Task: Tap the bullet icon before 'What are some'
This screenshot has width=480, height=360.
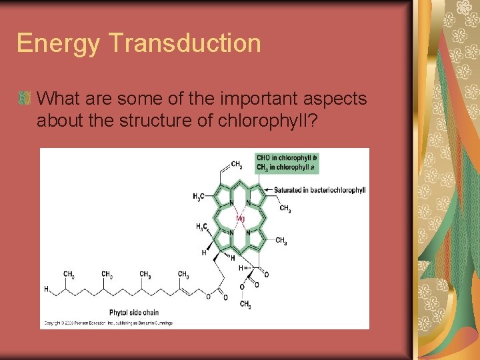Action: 25,99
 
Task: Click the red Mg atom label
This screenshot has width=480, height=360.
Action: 240,218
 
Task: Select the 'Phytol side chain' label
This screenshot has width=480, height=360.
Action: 133,312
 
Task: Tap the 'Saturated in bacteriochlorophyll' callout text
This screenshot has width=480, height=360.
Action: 319,190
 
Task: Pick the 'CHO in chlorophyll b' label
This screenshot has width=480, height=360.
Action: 287,157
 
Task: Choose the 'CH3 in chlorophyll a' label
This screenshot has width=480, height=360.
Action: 286,167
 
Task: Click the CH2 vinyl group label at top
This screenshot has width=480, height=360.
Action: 236,164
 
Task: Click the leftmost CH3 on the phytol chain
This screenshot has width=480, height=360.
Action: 69,274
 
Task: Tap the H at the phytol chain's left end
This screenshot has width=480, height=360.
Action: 46,289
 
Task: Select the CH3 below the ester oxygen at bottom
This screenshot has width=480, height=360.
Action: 245,305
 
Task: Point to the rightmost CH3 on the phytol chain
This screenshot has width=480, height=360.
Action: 183,274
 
